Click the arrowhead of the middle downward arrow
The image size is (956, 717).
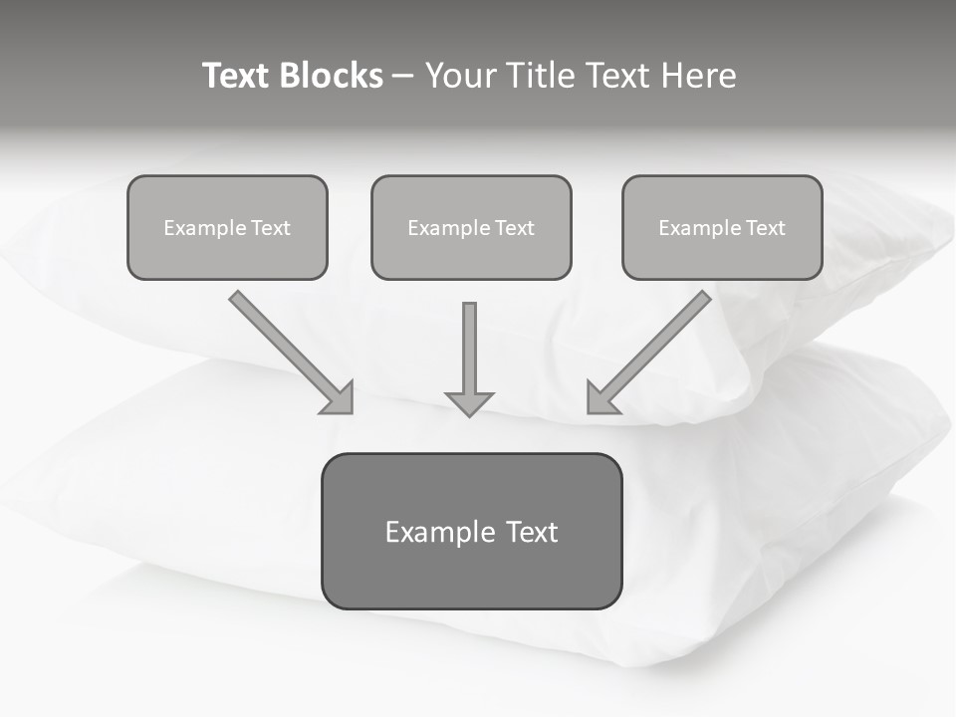(x=469, y=403)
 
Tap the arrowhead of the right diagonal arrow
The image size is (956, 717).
(x=601, y=397)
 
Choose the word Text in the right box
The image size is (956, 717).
(x=765, y=228)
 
